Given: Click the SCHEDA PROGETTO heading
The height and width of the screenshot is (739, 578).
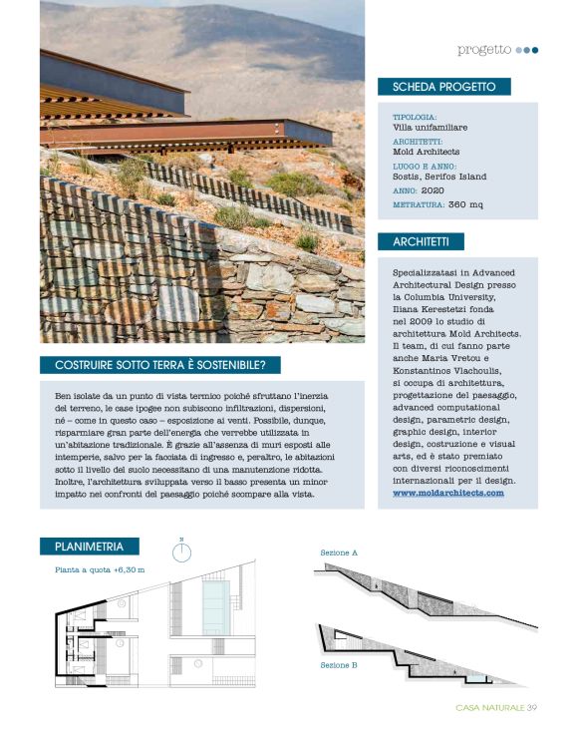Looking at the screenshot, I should [x=444, y=87].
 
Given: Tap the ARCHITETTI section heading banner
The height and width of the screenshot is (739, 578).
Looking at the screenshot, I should [x=422, y=241].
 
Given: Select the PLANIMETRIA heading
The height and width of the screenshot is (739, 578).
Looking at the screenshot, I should [x=90, y=546].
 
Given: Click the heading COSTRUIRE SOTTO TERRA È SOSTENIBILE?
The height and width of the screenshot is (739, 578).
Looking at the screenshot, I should [x=159, y=364].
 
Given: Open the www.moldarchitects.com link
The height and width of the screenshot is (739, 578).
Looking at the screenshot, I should [x=447, y=493].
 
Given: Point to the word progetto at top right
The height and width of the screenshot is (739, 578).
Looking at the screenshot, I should [x=484, y=49].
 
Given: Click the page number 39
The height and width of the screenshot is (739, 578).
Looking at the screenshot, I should [x=533, y=709].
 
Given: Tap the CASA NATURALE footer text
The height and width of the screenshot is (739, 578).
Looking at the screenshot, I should [x=489, y=709].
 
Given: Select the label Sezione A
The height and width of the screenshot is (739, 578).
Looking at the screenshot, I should [x=339, y=552].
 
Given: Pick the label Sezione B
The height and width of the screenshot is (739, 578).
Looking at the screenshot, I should [x=339, y=664].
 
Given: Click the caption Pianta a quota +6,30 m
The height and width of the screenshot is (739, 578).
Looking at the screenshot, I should [x=100, y=570].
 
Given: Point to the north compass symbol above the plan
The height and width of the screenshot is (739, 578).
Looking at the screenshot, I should [x=182, y=551].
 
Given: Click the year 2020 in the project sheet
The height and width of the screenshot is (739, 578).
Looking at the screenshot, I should [x=433, y=189].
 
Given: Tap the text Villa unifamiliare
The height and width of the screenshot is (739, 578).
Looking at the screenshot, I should [x=431, y=128].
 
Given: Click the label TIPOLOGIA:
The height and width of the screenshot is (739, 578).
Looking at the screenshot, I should [x=415, y=117].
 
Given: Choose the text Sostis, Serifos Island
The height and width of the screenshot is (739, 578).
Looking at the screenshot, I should [x=440, y=177].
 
